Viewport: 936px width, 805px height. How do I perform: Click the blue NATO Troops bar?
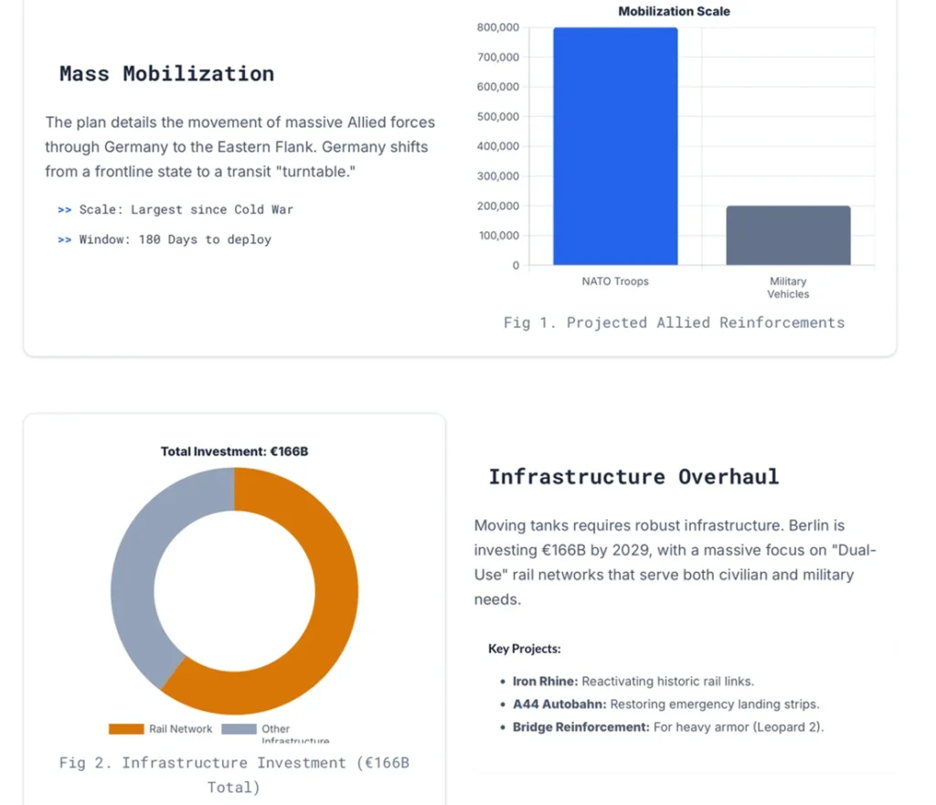click(615, 146)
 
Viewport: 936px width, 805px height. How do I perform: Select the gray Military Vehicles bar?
click(788, 235)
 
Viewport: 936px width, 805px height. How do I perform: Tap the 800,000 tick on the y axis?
click(498, 27)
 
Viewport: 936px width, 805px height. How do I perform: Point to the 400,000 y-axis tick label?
click(498, 146)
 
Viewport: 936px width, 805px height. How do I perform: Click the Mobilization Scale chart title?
click(674, 12)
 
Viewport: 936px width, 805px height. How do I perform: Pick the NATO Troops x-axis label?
click(615, 281)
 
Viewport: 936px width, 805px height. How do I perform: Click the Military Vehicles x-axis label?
click(788, 288)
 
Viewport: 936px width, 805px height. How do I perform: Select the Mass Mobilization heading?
click(166, 74)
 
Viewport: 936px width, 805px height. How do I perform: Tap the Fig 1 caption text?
click(674, 323)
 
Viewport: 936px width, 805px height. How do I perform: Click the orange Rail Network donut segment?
click(320, 630)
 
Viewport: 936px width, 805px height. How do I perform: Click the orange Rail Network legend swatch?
click(126, 729)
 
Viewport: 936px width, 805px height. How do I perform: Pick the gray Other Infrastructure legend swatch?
click(239, 729)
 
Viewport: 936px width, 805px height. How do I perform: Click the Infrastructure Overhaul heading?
click(633, 477)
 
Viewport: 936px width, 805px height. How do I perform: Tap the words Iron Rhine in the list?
click(545, 682)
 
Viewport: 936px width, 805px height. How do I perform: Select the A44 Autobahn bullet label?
click(559, 704)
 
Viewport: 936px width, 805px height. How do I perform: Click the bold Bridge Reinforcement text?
click(580, 727)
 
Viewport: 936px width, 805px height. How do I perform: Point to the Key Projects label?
click(524, 649)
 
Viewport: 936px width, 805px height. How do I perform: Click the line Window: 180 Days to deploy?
click(175, 239)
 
